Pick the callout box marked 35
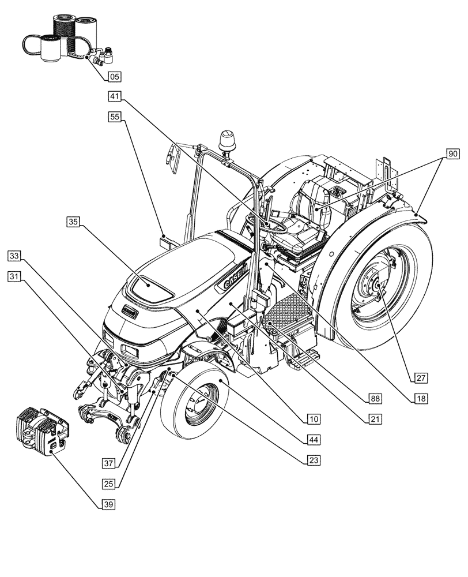coord(73,222)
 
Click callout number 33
coord(16,255)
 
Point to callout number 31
coord(16,277)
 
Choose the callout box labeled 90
coord(453,154)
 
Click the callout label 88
coord(376,398)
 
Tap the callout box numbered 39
coord(108,504)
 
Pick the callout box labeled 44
coord(314,439)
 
